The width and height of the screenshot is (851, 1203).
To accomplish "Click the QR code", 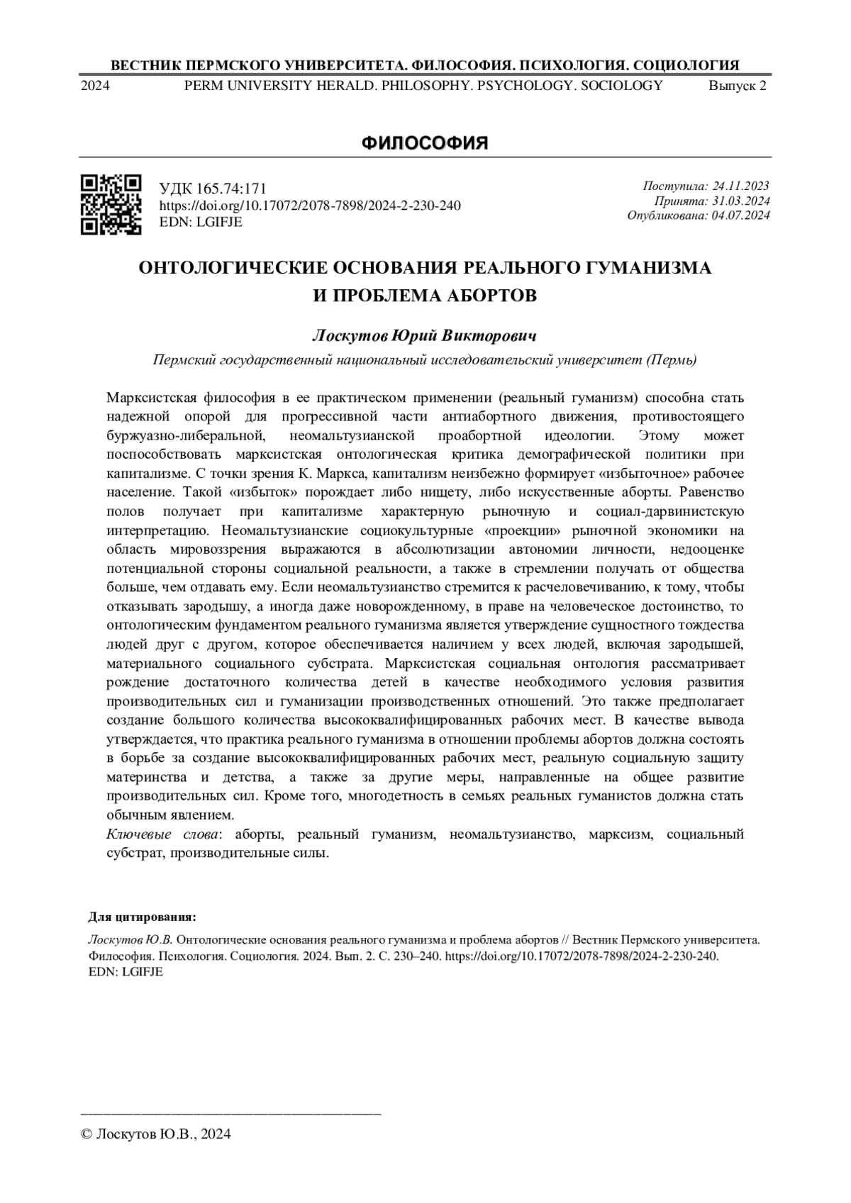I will pyautogui.click(x=111, y=204).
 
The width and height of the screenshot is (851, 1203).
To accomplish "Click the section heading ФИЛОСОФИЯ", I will pyautogui.click(x=425, y=143).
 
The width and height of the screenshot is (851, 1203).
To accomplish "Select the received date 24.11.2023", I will pyautogui.click(x=740, y=186).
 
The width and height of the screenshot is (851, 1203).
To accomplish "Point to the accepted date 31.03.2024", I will pyautogui.click(x=740, y=201).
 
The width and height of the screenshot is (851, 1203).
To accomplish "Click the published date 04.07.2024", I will pyautogui.click(x=740, y=216).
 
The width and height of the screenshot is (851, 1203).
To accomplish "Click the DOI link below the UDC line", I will pyautogui.click(x=310, y=206).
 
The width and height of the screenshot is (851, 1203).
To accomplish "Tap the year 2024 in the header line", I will pyautogui.click(x=95, y=86).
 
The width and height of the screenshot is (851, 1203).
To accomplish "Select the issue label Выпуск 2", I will pyautogui.click(x=738, y=86).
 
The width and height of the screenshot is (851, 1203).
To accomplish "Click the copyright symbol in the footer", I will pyautogui.click(x=87, y=1134).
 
